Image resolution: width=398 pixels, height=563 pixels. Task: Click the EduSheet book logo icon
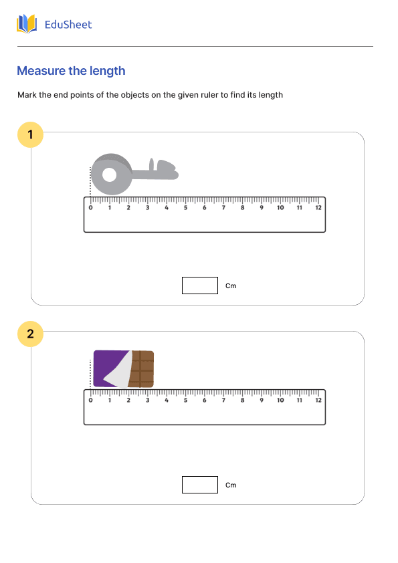(27, 25)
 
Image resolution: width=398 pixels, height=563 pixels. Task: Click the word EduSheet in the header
(68, 25)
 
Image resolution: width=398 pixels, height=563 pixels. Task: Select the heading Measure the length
(71, 71)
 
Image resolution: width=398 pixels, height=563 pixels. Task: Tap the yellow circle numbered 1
(30, 134)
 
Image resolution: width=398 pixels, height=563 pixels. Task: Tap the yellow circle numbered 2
(30, 334)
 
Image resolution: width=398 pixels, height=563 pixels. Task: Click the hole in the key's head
(108, 175)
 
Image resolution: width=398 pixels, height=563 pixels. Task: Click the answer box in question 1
(199, 286)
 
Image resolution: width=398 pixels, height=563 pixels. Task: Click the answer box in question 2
(199, 485)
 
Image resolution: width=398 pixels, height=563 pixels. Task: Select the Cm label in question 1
(231, 286)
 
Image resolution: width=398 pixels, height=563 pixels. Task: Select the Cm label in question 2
(231, 485)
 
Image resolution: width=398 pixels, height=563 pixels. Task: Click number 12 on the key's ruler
(318, 208)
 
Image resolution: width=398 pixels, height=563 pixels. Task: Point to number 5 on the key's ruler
(185, 208)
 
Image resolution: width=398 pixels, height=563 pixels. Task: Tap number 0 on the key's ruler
(91, 208)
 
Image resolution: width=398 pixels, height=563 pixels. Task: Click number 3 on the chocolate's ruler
(148, 401)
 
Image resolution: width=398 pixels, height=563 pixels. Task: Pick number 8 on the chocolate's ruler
(242, 401)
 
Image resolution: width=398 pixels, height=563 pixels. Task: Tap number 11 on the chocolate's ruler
(299, 401)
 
